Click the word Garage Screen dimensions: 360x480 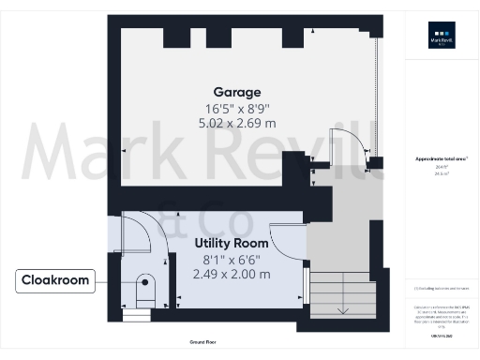(231, 92)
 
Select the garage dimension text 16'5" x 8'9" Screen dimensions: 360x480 (231, 108)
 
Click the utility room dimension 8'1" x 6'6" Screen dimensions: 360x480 (231, 259)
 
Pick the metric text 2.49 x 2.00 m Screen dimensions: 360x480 (231, 274)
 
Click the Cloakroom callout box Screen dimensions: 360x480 (55, 280)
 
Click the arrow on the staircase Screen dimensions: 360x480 (343, 309)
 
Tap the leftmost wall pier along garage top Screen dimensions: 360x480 (174, 36)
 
